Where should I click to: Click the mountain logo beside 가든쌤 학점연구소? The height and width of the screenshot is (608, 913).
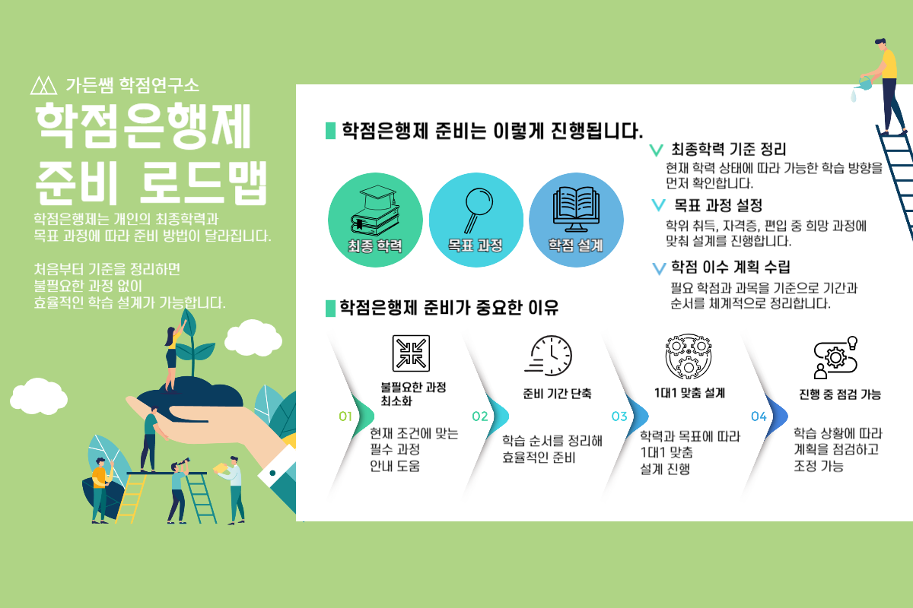43,84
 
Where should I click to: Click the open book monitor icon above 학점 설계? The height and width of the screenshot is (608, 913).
576,207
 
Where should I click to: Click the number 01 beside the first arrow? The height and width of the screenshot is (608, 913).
345,416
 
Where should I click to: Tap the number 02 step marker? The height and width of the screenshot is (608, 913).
479,416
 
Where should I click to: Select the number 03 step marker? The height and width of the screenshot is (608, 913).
619,416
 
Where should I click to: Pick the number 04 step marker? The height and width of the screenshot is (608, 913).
759,416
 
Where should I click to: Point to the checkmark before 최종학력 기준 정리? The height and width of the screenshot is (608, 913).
656,150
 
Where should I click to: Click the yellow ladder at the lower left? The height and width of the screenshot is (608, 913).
132,498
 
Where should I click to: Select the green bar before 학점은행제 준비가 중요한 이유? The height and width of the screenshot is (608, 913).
330,308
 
